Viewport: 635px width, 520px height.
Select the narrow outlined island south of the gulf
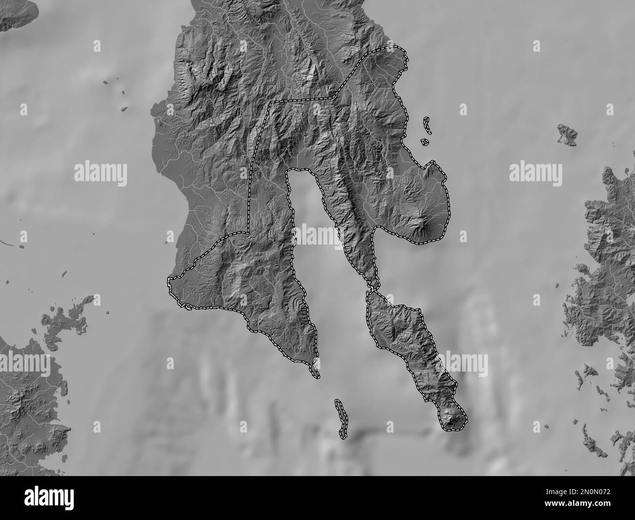click(x=340, y=417)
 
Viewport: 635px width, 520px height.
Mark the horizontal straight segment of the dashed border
click(x=303, y=100)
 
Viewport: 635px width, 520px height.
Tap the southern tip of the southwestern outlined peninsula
click(x=316, y=374)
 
